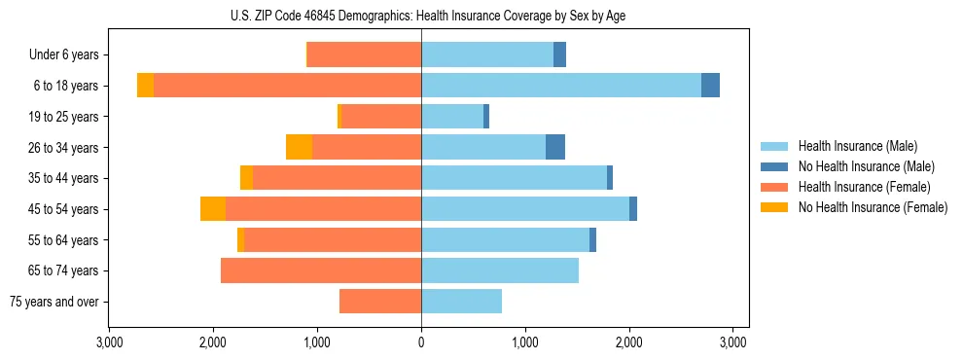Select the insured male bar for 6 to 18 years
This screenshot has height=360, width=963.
click(560, 86)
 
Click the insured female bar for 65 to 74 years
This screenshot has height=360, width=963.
click(321, 270)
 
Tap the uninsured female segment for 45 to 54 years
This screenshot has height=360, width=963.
click(213, 209)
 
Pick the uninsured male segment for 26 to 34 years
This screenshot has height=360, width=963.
click(555, 147)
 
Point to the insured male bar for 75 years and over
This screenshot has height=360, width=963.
click(461, 302)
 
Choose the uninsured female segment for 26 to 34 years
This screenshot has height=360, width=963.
click(299, 147)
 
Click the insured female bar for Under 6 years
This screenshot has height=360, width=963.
click(364, 54)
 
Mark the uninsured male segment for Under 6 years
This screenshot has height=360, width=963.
click(560, 54)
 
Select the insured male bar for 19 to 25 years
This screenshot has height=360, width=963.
click(452, 117)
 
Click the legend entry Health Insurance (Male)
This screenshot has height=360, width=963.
click(856, 146)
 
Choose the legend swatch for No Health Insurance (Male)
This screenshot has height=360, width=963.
click(775, 166)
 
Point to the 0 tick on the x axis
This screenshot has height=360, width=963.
click(421, 342)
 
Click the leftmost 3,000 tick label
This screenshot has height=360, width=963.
click(109, 342)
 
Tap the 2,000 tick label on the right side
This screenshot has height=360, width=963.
click(629, 342)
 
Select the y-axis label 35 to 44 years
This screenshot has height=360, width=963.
click(64, 178)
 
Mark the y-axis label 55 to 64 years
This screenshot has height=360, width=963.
click(64, 240)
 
